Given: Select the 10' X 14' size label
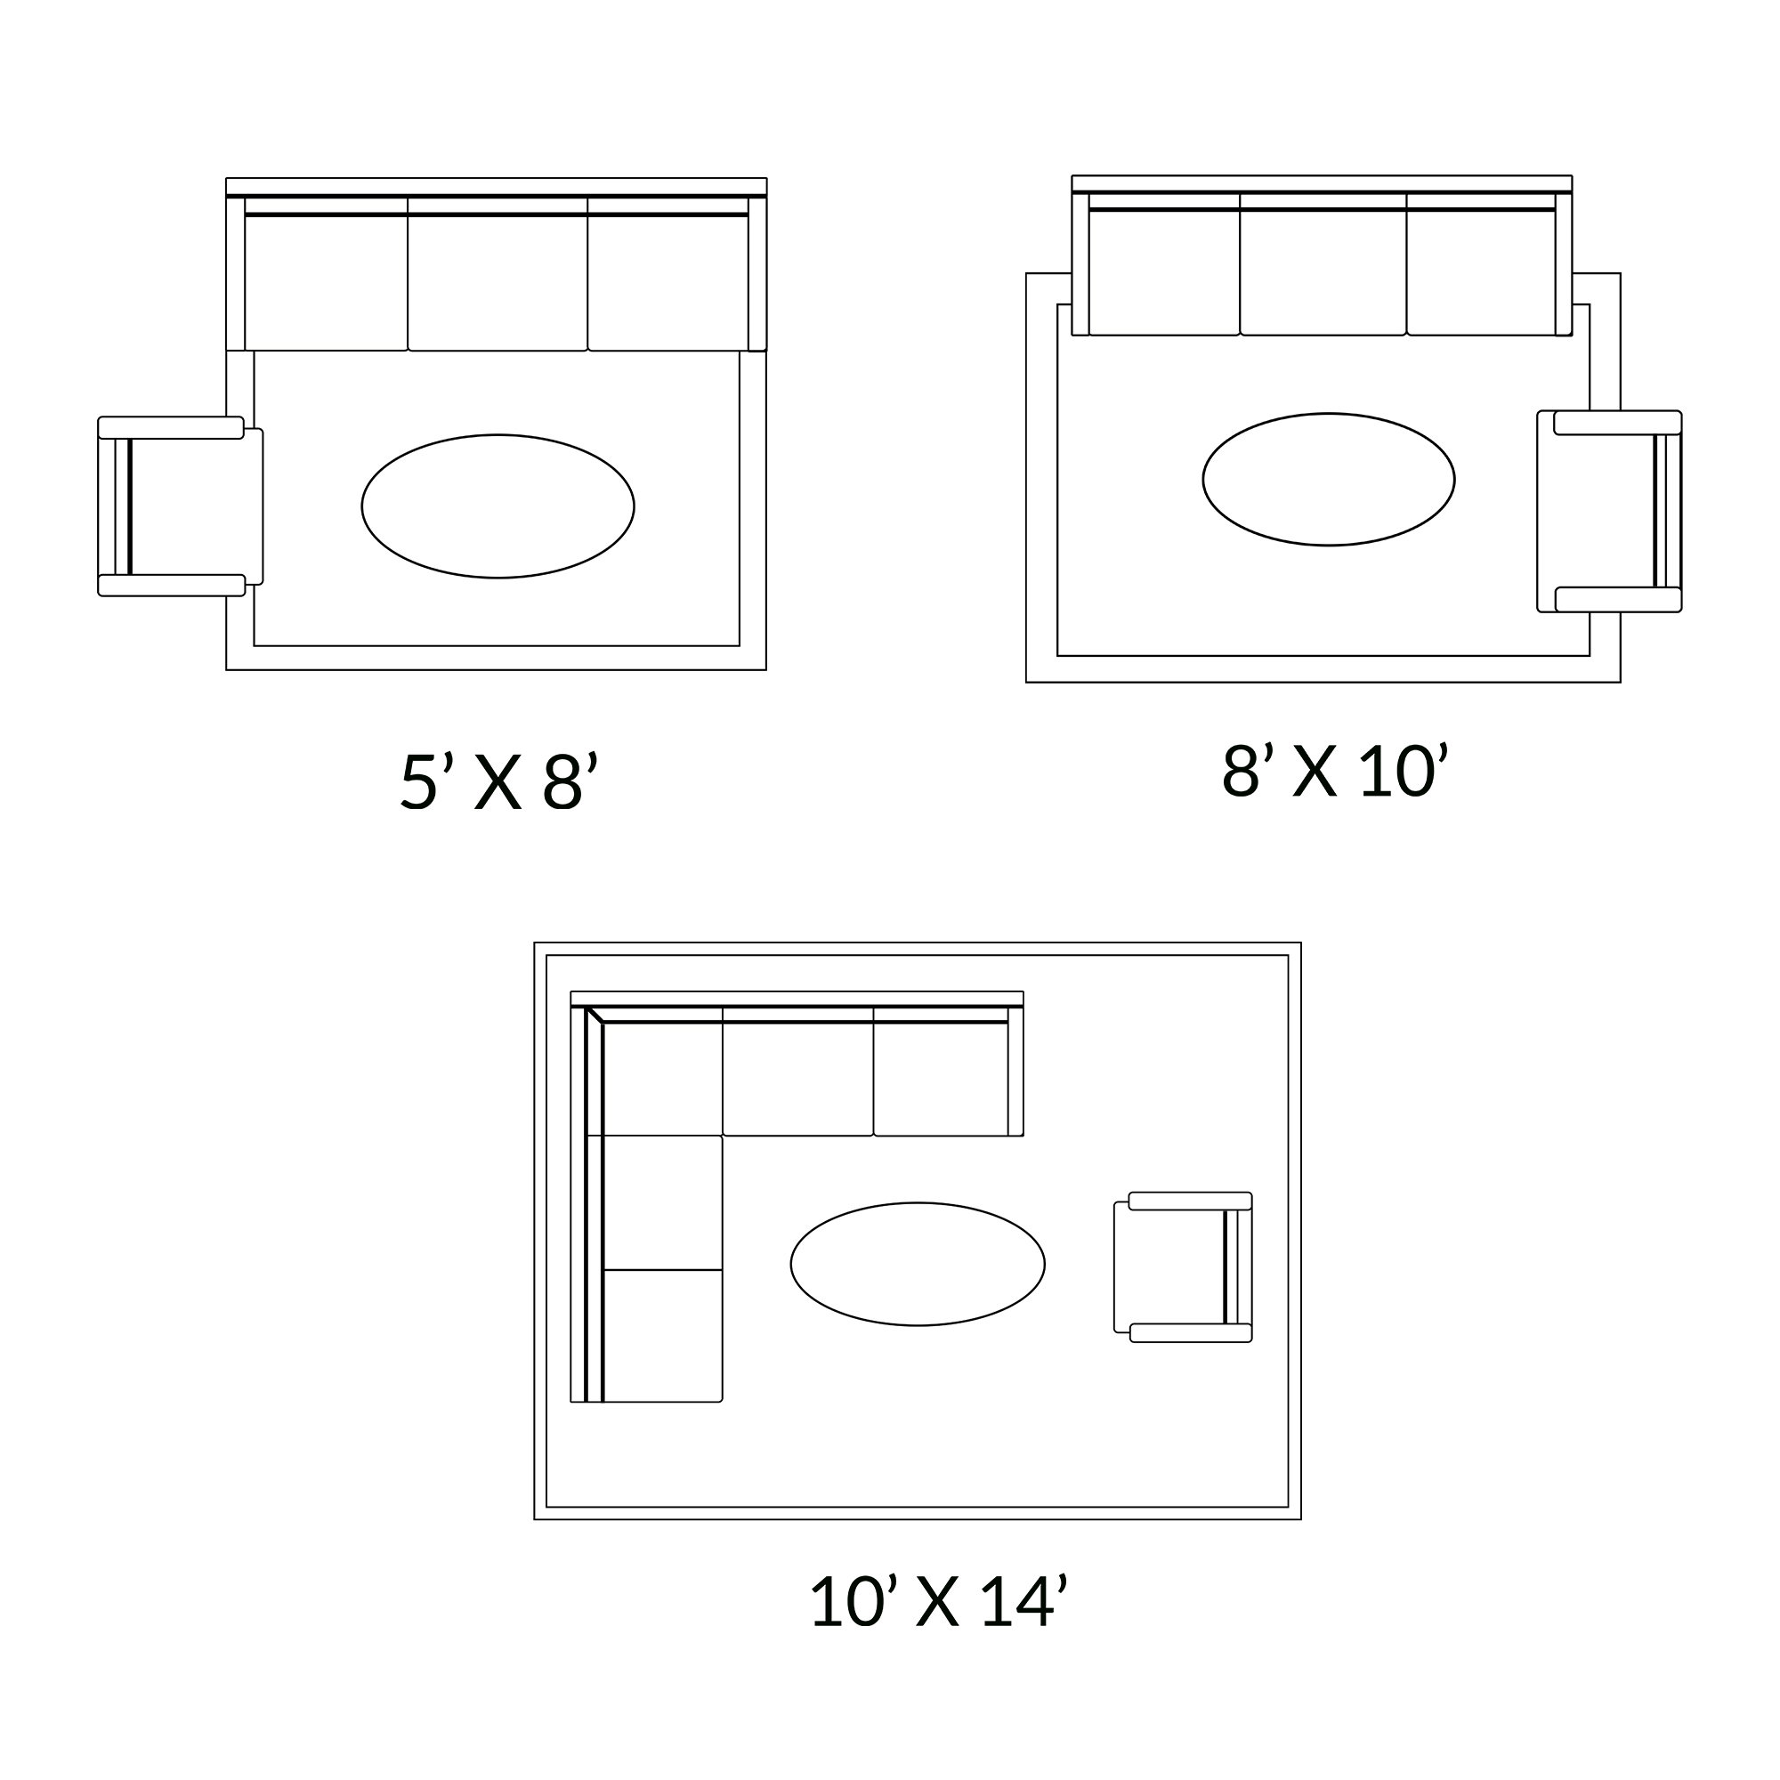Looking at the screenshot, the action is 938,1600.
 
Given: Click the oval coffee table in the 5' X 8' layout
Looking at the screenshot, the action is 498,506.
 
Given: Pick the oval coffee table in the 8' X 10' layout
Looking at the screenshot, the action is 1329,479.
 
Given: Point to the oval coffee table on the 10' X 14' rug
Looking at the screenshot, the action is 918,1264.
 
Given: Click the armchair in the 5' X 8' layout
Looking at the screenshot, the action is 181,506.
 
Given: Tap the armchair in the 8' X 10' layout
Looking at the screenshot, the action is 1609,512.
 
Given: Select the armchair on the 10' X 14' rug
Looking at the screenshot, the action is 1183,1266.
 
